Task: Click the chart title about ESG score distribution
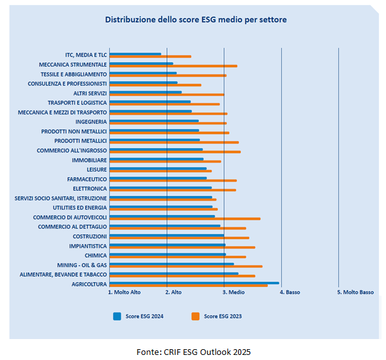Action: tap(196, 20)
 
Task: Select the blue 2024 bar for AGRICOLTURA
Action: tap(194, 283)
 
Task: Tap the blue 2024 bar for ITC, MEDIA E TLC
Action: tap(135, 54)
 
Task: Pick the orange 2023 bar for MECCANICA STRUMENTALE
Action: tap(173, 66)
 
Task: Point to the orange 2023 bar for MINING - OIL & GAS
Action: tap(185, 267)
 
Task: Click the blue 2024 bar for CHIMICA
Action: tap(168, 254)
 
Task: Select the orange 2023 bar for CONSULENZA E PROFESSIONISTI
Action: tap(155, 85)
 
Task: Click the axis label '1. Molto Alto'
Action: tap(126, 293)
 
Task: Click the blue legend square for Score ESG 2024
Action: tap(117, 316)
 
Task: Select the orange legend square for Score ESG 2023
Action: tap(196, 316)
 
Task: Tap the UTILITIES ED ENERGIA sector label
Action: tap(79, 208)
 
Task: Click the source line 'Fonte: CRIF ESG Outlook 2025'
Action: tap(198, 351)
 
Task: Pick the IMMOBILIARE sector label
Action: tap(90, 160)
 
